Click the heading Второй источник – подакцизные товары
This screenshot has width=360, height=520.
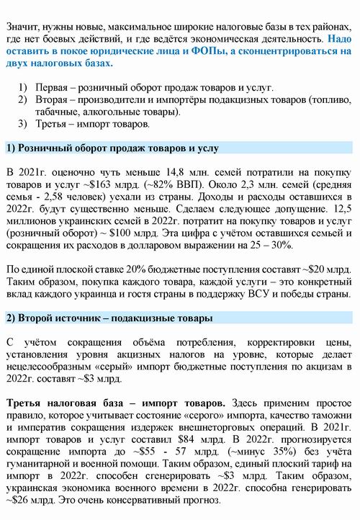[109, 318]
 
